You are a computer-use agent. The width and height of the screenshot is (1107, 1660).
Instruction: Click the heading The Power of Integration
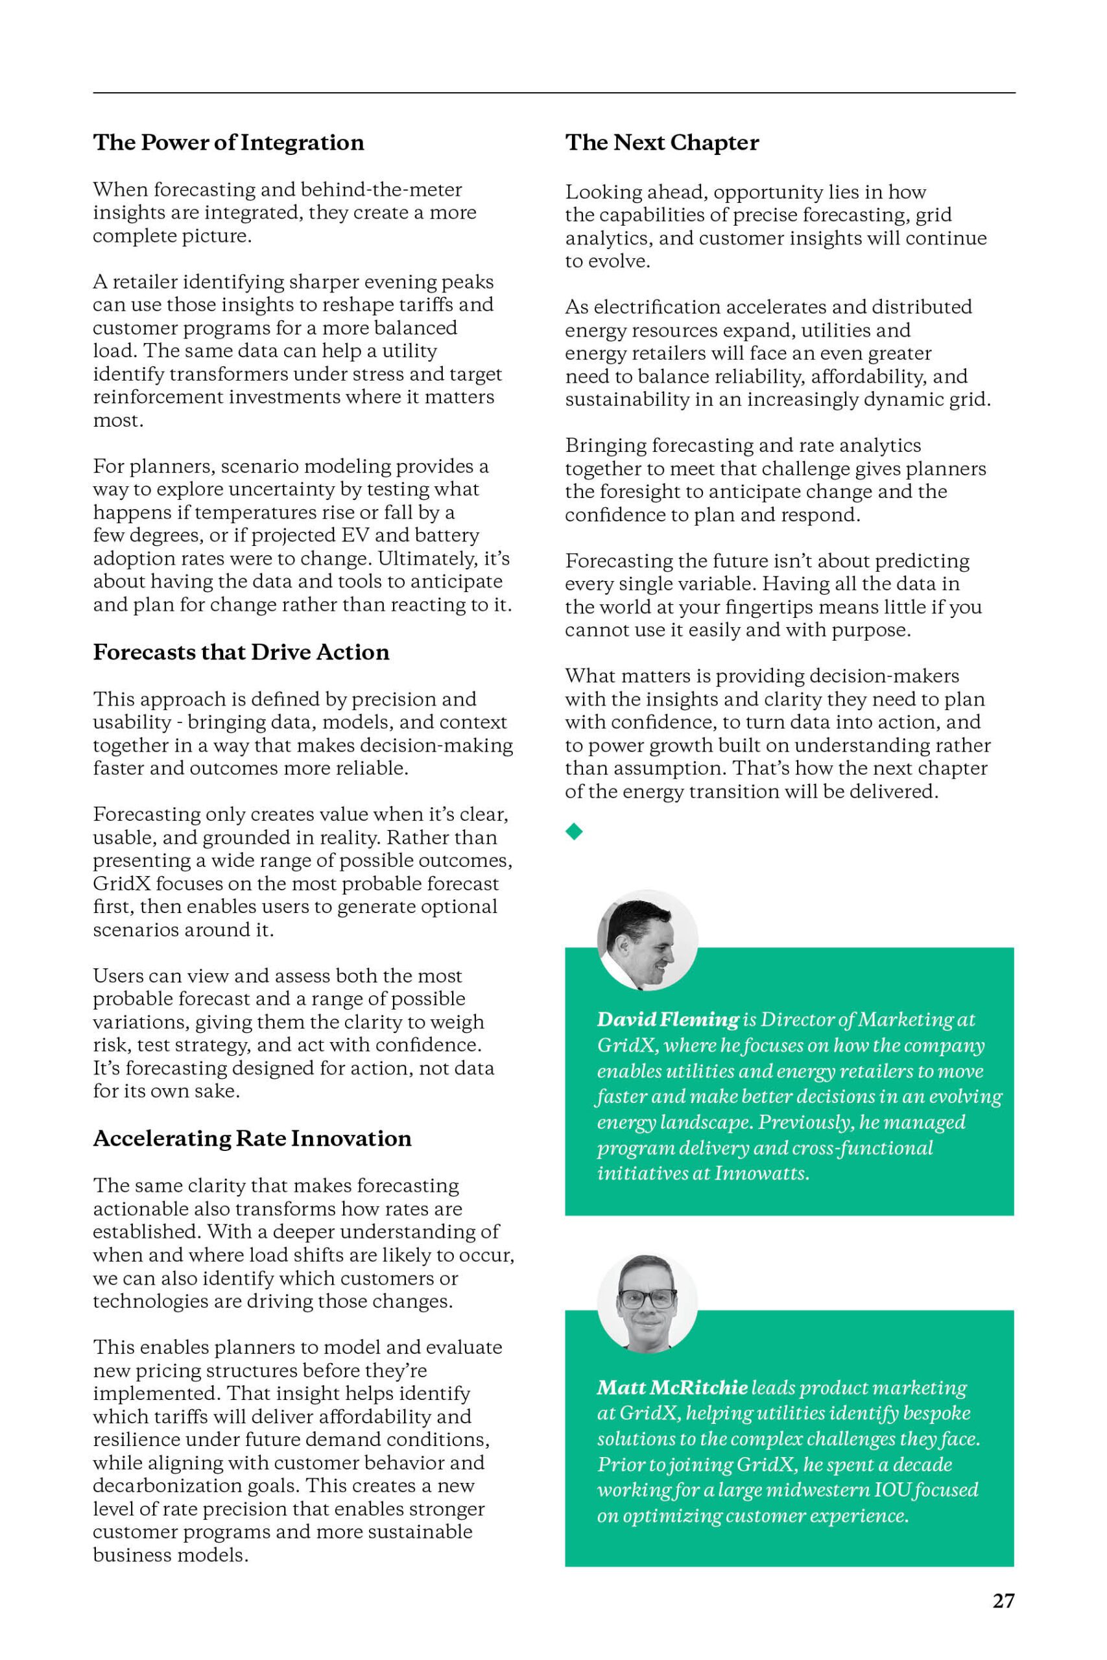228,143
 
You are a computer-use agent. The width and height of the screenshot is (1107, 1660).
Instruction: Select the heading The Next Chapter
661,143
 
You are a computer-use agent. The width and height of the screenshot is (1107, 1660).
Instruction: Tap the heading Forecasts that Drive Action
241,652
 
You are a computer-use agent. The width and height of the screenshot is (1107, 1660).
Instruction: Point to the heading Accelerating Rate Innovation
252,1139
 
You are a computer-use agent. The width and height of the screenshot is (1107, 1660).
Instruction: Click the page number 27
1003,1601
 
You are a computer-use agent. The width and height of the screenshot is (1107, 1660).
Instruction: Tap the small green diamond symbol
574,831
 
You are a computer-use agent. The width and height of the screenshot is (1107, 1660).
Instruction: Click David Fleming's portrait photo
647,940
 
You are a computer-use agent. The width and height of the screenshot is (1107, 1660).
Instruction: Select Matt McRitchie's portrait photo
647,1303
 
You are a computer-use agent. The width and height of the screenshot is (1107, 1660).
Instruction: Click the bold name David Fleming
667,1019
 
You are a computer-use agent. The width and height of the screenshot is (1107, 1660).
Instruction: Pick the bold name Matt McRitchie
671,1388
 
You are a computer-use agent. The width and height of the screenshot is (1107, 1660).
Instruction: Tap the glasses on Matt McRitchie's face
647,1298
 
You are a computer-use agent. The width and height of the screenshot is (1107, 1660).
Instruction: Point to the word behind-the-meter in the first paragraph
381,189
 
